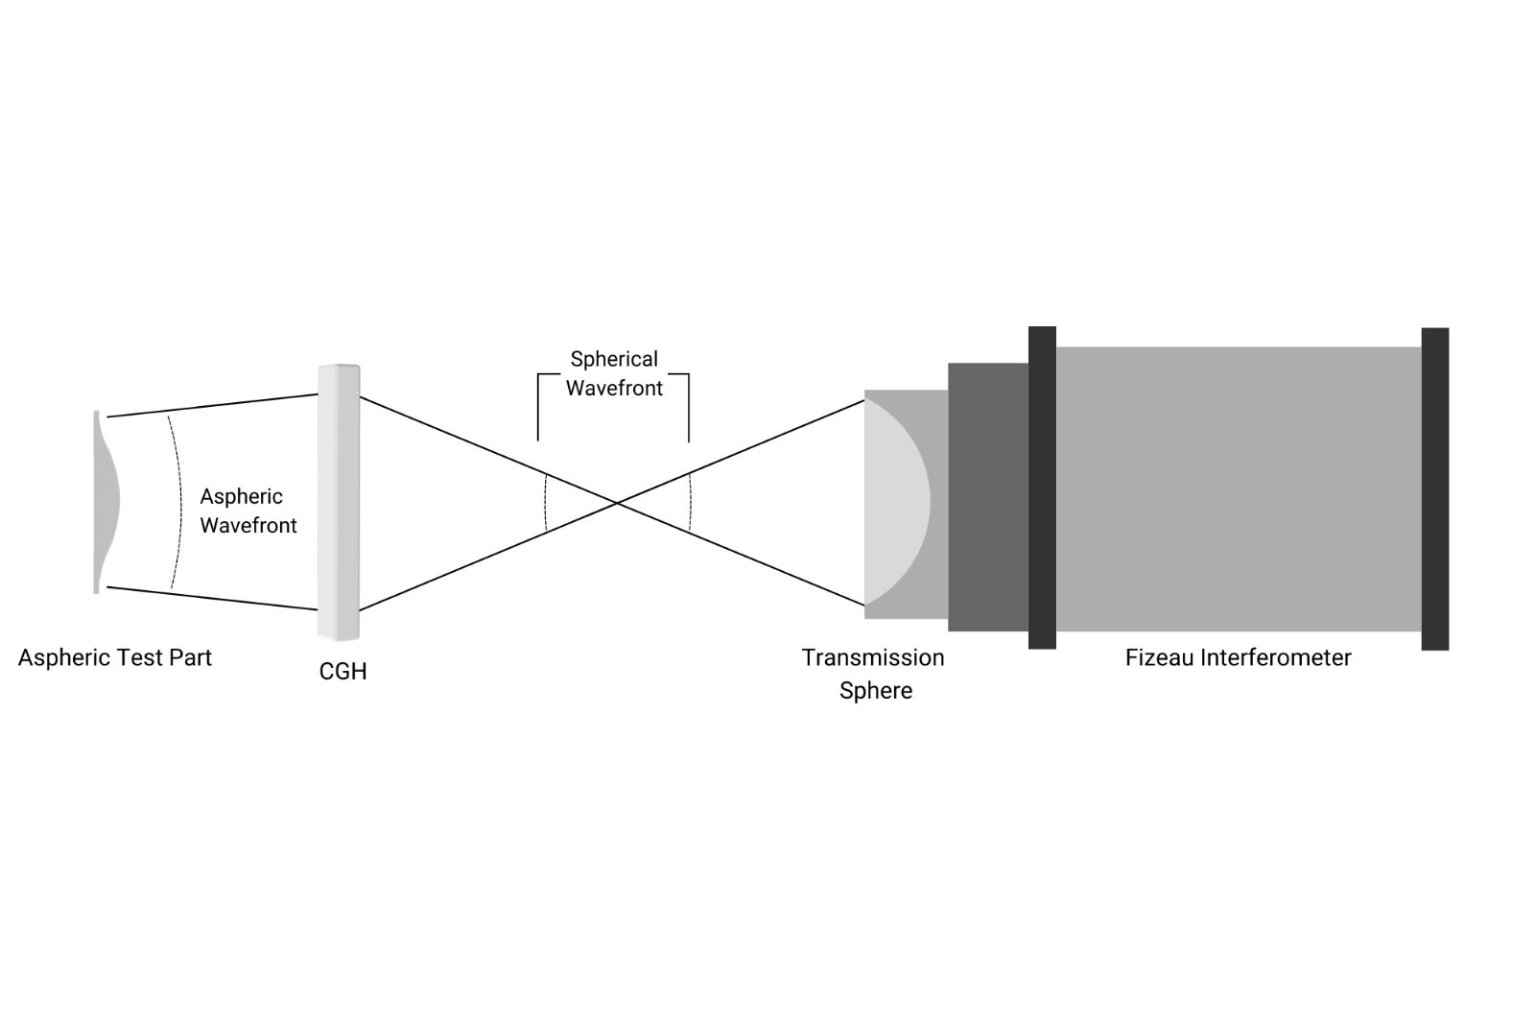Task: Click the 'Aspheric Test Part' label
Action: (x=114, y=658)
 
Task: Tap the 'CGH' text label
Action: (x=342, y=672)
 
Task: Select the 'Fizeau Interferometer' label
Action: (x=1238, y=658)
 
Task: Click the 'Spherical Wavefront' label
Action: (x=614, y=373)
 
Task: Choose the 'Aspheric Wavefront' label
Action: (x=248, y=511)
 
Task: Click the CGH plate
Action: (x=339, y=502)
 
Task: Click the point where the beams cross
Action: (x=616, y=502)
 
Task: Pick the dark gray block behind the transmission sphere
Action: (x=987, y=497)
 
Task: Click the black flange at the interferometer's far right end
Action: (x=1434, y=488)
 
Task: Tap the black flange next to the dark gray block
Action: (x=1042, y=488)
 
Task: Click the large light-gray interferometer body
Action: (x=1238, y=488)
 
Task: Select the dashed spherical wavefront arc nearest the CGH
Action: (x=545, y=502)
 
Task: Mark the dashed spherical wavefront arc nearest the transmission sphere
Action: (x=691, y=502)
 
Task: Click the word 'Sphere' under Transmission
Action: (x=875, y=691)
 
